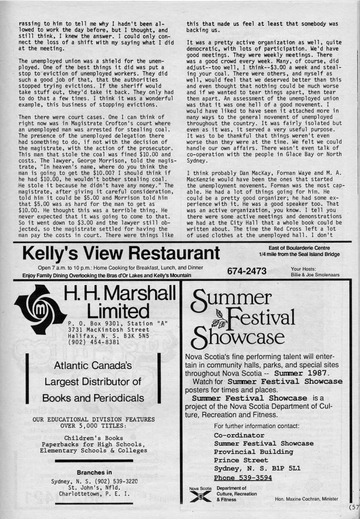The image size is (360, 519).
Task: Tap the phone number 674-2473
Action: tap(247, 271)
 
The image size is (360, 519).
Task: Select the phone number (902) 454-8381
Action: tap(94, 342)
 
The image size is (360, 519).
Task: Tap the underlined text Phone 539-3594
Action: tap(243, 477)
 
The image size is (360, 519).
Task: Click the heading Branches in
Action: tap(94, 472)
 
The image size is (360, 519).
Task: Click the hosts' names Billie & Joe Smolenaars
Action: tap(315, 275)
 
